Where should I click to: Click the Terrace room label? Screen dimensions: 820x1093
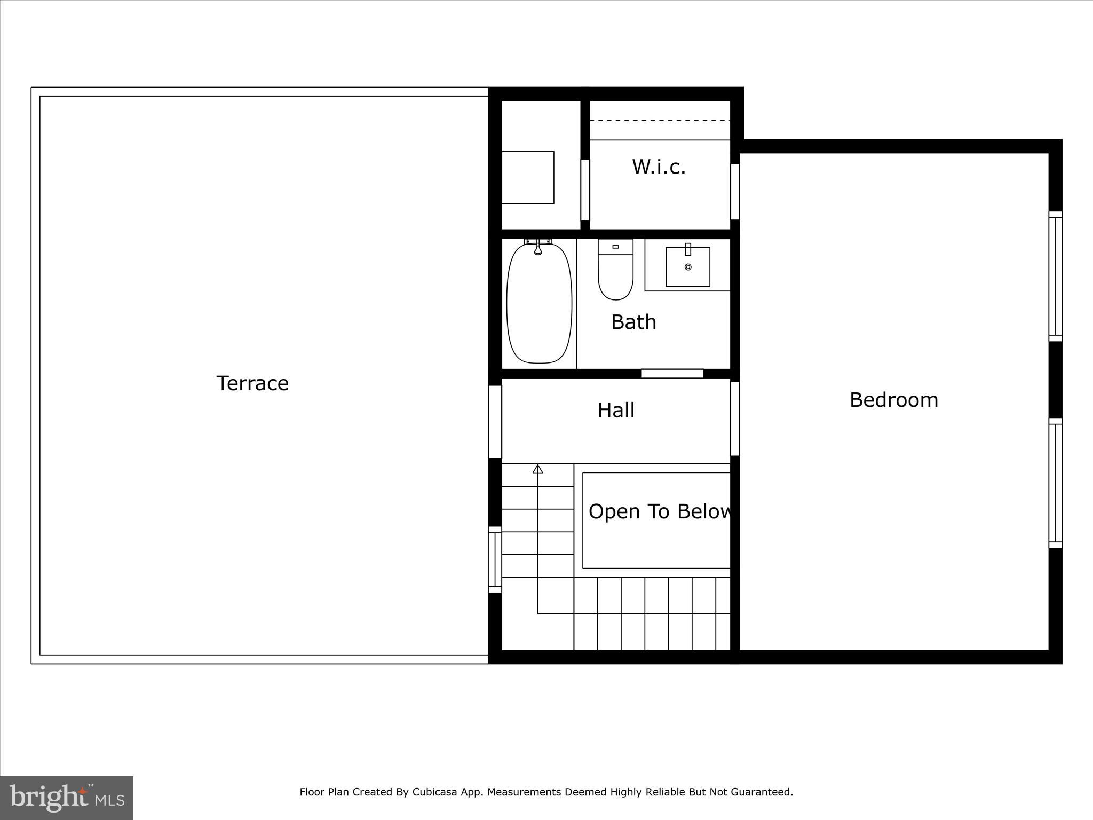tap(252, 383)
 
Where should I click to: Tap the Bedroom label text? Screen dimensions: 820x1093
tap(893, 400)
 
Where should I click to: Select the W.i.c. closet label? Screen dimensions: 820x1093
tap(659, 167)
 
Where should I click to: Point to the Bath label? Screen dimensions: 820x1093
tap(633, 322)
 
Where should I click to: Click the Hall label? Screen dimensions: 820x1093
tap(616, 410)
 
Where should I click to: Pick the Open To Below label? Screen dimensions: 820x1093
tap(660, 511)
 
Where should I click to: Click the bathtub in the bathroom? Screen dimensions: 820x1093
tap(539, 304)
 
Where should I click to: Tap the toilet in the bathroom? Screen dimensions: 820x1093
tap(615, 270)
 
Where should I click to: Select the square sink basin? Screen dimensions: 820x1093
tap(688, 267)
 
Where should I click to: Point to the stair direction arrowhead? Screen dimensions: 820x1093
tap(538, 469)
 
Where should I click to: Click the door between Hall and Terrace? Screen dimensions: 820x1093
tap(495, 422)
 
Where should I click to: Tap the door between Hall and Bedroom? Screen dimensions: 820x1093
tap(735, 419)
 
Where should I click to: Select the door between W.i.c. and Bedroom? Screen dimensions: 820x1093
tap(735, 192)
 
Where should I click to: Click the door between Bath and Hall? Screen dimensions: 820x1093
tap(672, 374)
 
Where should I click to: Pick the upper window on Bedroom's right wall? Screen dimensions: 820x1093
tap(1055, 276)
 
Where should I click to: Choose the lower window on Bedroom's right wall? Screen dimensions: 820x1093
tap(1055, 483)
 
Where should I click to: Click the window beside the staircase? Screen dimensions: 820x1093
tap(495, 559)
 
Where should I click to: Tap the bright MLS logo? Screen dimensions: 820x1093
tap(67, 798)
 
